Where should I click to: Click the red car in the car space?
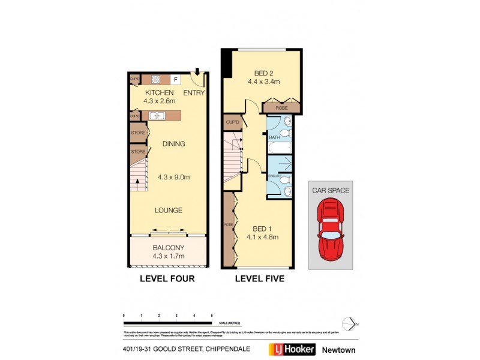tap(331, 228)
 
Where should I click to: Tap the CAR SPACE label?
tap(331, 190)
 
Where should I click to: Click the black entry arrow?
tap(197, 73)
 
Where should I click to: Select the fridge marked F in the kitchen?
tap(176, 79)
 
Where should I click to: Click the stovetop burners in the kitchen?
tap(155, 79)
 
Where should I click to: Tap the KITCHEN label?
tap(160, 92)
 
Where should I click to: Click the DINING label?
tap(173, 143)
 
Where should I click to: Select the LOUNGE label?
tap(169, 210)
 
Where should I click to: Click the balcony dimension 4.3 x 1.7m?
tap(168, 256)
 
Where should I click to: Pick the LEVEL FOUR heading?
tap(167, 279)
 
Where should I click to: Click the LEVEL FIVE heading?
tap(259, 279)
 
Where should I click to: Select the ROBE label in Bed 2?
tap(281, 108)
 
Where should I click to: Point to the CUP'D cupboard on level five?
tap(233, 122)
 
